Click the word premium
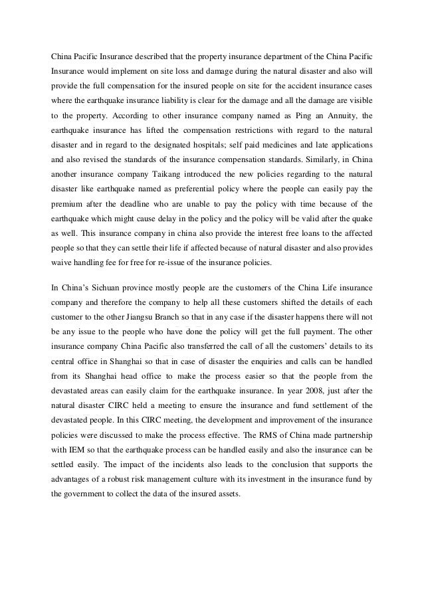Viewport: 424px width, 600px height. (x=69, y=205)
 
